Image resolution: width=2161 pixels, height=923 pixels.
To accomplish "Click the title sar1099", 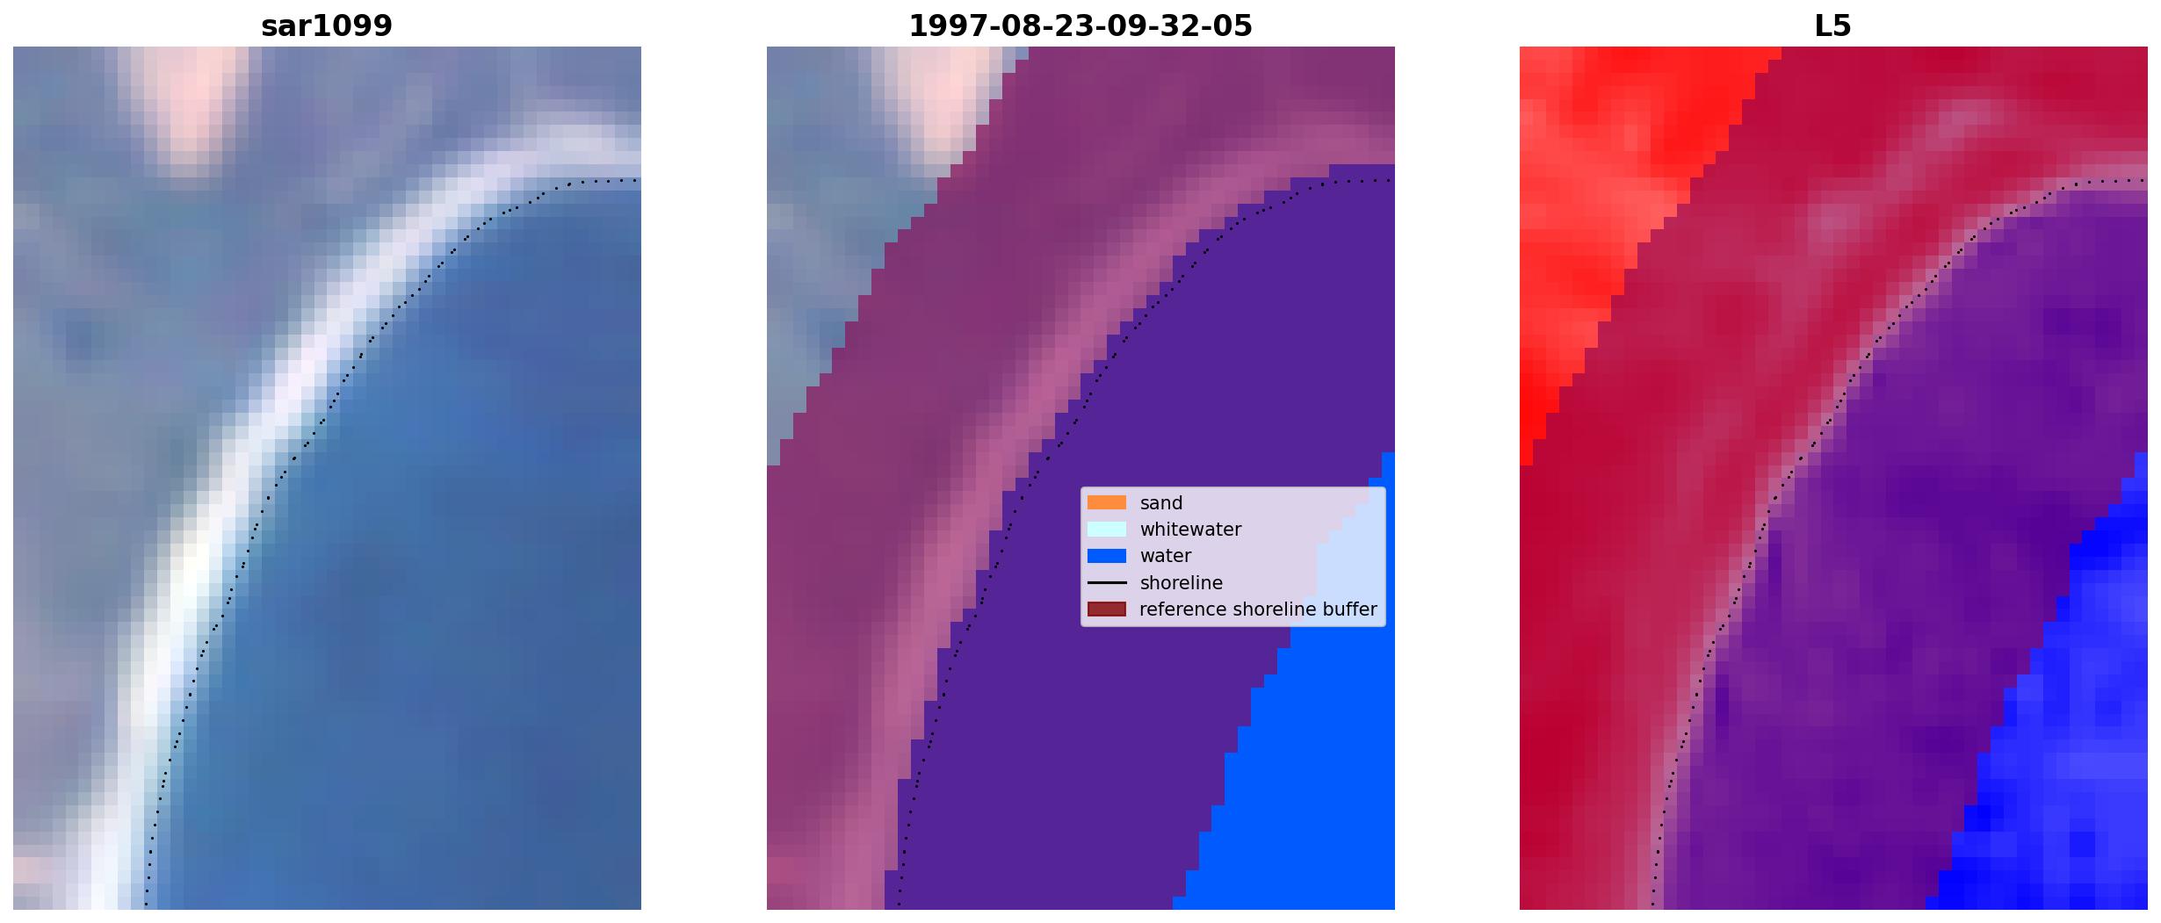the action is pos(327,26).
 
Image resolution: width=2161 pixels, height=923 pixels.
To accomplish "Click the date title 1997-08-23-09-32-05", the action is pos(1080,26).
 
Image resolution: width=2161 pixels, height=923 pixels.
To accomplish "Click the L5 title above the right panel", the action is pos(1833,26).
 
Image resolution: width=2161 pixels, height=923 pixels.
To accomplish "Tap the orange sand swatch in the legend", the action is pos(1107,502).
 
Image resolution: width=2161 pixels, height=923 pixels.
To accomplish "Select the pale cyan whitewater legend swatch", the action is pos(1107,529).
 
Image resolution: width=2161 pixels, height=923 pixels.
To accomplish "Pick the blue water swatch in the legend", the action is pos(1107,556).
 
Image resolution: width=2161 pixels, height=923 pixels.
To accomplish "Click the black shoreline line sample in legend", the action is pos(1107,582).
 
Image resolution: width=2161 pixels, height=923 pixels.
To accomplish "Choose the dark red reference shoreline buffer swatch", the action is pos(1107,609).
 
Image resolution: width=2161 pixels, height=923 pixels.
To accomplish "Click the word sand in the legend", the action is pos(1161,503).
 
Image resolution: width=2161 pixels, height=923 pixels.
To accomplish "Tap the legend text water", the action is pos(1166,556).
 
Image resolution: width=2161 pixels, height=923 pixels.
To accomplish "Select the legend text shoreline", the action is pos(1182,583).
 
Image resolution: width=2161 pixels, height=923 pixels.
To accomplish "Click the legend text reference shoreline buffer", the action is pos(1258,609).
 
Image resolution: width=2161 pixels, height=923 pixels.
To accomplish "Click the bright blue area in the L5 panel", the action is pos(2056,746).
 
